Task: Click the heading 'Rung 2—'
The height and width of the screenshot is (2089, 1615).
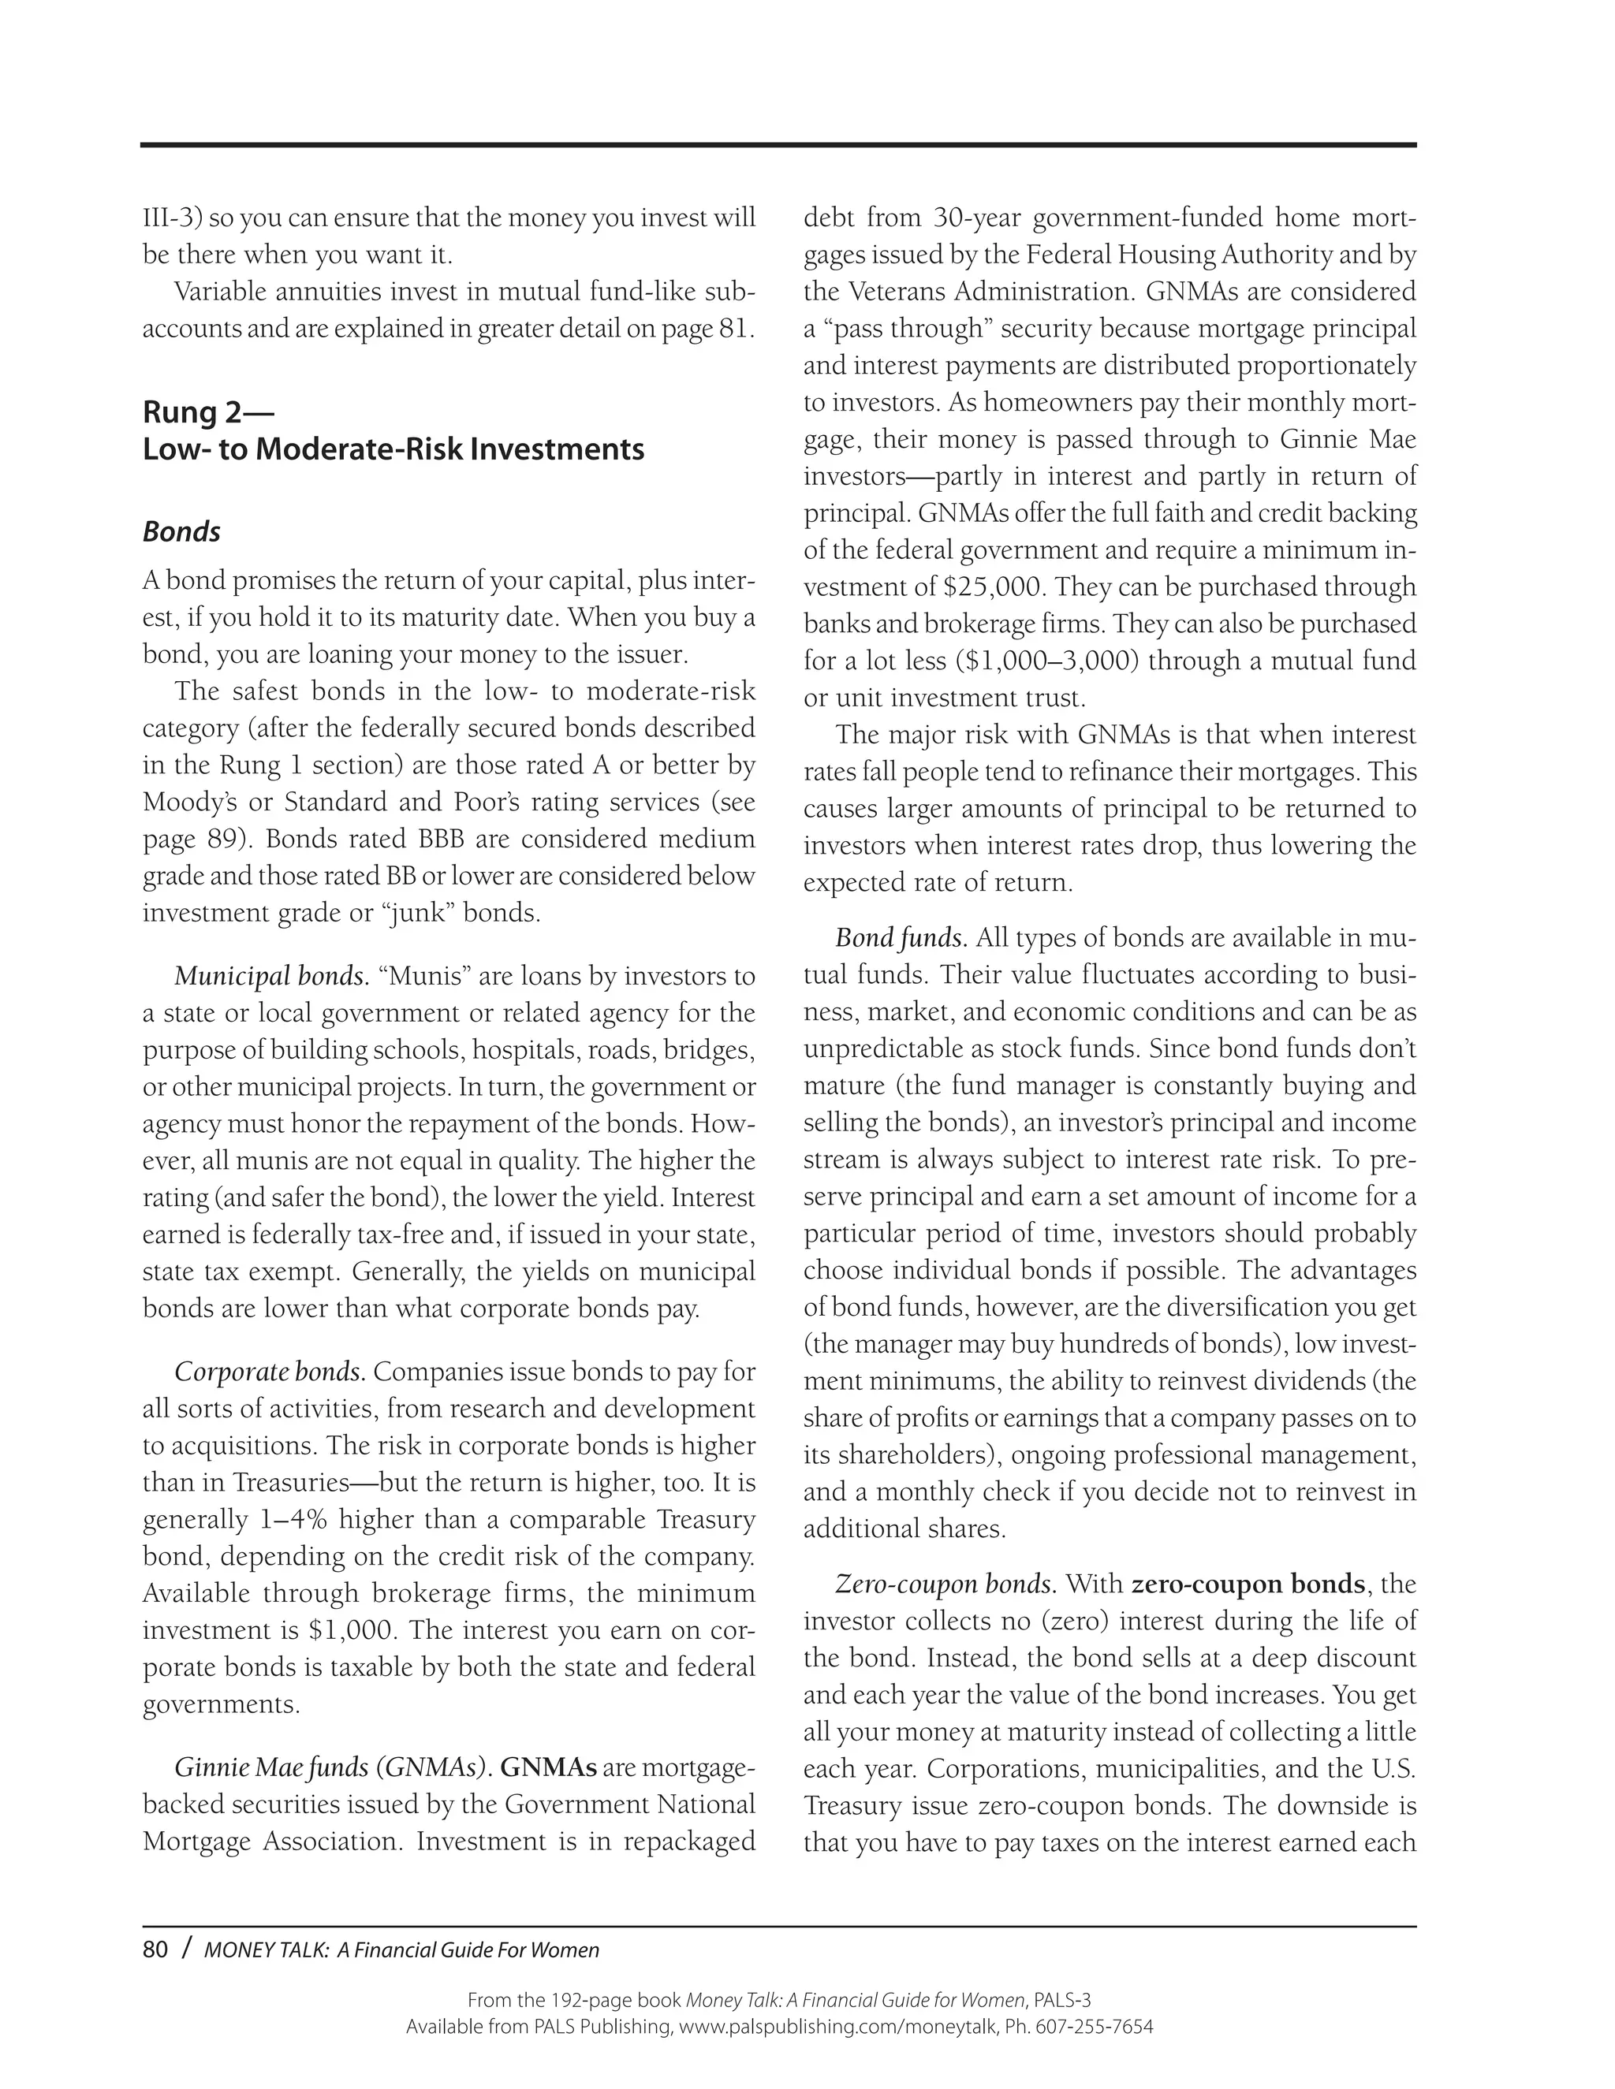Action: click(x=207, y=412)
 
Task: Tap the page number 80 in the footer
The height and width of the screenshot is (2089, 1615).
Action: click(x=155, y=1949)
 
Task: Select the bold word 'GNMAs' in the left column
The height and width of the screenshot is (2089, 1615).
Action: click(x=548, y=1767)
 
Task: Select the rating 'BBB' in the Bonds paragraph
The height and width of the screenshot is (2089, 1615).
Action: click(x=440, y=839)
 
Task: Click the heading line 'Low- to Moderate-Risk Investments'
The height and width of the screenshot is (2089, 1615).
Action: click(x=393, y=449)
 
